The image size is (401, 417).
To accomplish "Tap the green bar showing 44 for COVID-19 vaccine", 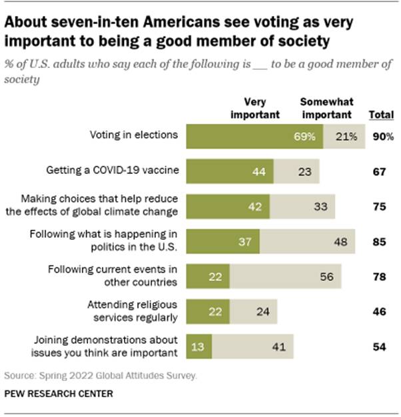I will pos(230,171).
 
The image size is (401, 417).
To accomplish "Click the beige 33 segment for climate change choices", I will pos(302,206).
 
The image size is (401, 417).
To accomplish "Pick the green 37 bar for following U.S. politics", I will pos(223,240).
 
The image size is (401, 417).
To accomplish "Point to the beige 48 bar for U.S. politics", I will pos(308,240).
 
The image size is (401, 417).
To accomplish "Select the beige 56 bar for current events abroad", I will pos(286,276).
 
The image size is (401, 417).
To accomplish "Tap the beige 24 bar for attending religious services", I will pos(253,311).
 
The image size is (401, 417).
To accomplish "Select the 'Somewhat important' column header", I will pos(326,109).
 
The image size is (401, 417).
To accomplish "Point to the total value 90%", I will pos(383,137).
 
